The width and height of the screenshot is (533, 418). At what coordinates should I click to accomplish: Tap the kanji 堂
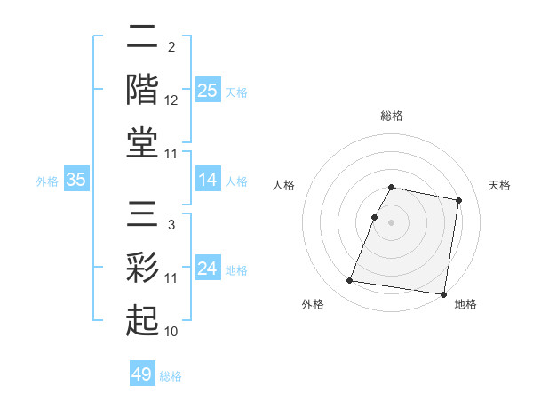pyautogui.click(x=142, y=142)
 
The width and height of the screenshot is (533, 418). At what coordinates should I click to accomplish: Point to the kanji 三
pyautogui.click(x=142, y=216)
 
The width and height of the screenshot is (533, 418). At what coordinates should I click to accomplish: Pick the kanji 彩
pyautogui.click(x=142, y=268)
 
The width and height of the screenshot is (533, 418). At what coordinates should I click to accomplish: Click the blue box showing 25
pyautogui.click(x=207, y=90)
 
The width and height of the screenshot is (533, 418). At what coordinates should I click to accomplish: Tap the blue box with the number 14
pyautogui.click(x=207, y=180)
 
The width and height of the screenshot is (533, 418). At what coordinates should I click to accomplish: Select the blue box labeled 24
pyautogui.click(x=207, y=269)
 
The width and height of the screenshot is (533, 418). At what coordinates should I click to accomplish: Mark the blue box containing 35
pyautogui.click(x=76, y=180)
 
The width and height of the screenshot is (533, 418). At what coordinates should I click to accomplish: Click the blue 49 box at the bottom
pyautogui.click(x=142, y=374)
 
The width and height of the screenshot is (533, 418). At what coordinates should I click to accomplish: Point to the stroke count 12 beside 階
pyautogui.click(x=171, y=100)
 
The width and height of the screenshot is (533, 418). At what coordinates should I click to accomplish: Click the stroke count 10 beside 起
pyautogui.click(x=171, y=332)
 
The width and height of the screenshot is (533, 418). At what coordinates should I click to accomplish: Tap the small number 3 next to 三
pyautogui.click(x=171, y=225)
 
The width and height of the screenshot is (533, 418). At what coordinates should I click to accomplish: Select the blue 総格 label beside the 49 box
pyautogui.click(x=171, y=376)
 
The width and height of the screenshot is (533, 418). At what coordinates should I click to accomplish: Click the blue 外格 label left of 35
pyautogui.click(x=47, y=181)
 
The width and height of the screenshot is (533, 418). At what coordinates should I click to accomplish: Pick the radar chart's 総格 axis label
pyautogui.click(x=391, y=116)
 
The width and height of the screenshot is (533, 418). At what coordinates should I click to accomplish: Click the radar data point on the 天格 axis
pyautogui.click(x=458, y=201)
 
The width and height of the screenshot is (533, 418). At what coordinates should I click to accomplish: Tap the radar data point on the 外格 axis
pyautogui.click(x=350, y=281)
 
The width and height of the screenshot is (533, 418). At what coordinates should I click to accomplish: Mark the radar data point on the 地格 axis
pyautogui.click(x=442, y=293)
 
